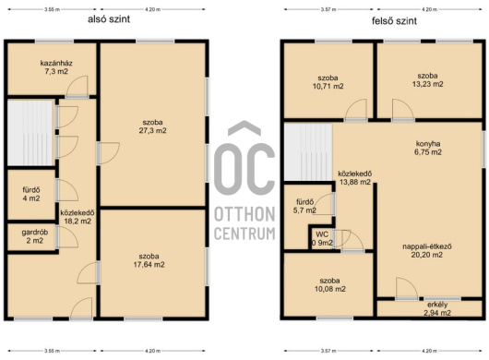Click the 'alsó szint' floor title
109,19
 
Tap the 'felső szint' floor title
394,21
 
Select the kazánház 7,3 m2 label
56,67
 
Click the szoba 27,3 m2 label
152,126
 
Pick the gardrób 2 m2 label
35,236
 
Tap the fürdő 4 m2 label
31,194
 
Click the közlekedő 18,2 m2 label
78,217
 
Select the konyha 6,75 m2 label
428,148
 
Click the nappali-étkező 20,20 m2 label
427,250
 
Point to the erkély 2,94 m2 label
437,309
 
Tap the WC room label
322,234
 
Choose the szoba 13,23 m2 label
427,80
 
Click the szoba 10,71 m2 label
328,82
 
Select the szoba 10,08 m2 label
330,285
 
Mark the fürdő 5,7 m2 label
304,206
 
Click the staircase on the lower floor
30,133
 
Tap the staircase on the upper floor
308,152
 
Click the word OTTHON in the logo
244,214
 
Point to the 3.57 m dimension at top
328,9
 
